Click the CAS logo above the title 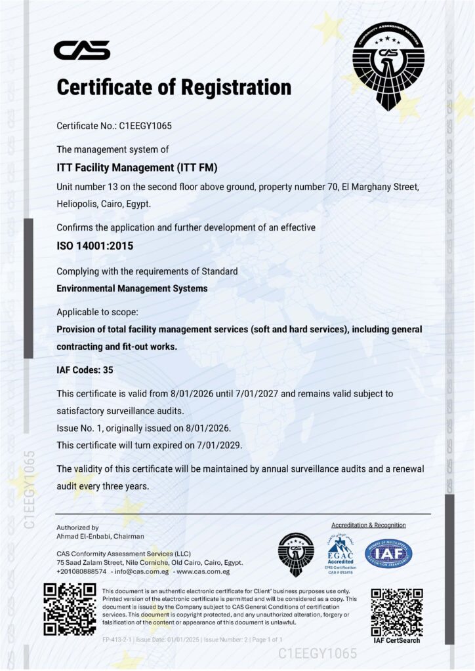[x=81, y=50]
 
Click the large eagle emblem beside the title [x=388, y=66]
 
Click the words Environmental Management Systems [x=132, y=288]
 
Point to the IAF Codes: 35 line [x=85, y=370]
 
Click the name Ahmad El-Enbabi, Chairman [x=100, y=536]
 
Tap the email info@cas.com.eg [x=142, y=571]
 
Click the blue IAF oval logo [x=388, y=553]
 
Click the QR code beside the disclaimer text [x=70, y=608]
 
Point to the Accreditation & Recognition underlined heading [x=369, y=526]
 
